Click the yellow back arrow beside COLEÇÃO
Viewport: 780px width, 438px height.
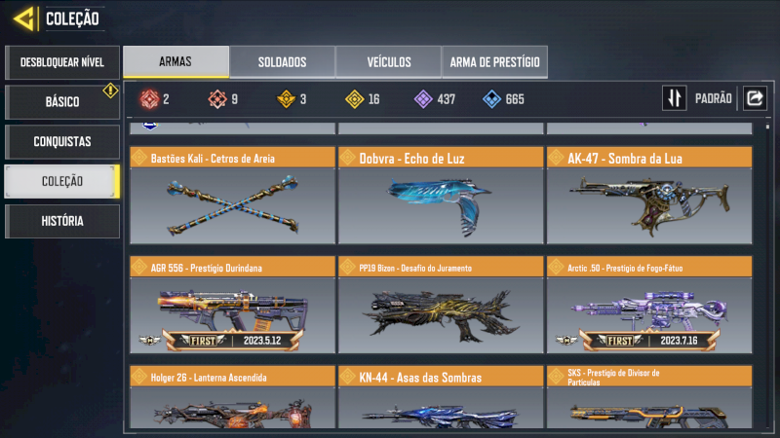[24, 18]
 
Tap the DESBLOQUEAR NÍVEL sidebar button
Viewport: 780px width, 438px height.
[62, 62]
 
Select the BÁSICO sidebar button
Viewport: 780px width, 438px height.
[62, 102]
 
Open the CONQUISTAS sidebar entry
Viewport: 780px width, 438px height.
[62, 142]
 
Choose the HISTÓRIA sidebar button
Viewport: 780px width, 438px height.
[62, 221]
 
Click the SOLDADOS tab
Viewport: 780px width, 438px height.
[282, 62]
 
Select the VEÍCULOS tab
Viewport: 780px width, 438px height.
[389, 62]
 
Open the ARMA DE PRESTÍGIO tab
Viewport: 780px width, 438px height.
[495, 62]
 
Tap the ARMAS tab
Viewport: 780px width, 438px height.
[175, 61]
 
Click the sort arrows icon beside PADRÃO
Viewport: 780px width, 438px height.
[675, 98]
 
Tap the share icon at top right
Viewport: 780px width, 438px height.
[755, 98]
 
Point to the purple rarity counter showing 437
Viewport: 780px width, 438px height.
[435, 99]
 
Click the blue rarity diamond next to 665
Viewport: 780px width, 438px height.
[491, 99]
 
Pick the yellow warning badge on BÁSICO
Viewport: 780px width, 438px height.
[110, 91]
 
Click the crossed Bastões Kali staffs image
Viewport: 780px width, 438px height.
[233, 205]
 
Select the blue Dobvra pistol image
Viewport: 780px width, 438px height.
[440, 205]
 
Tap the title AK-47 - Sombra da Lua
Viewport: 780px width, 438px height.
[625, 159]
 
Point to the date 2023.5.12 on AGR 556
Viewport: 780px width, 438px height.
[262, 341]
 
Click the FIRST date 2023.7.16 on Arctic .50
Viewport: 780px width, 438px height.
[679, 341]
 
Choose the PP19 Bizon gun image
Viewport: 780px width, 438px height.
[440, 314]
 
